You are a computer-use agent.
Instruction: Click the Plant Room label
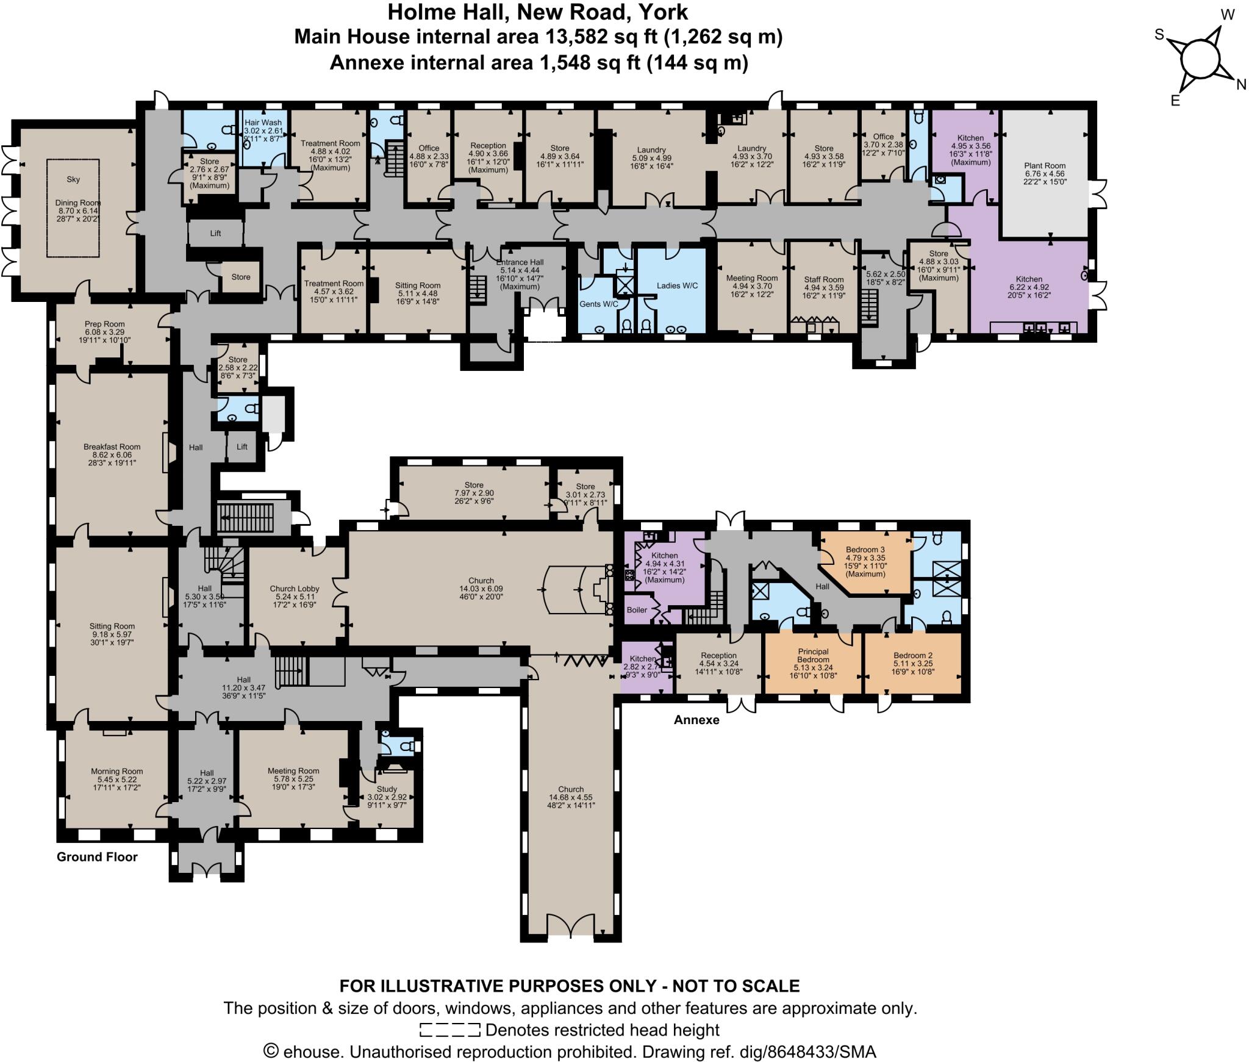[x=1045, y=166]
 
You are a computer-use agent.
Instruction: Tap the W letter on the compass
[x=1228, y=15]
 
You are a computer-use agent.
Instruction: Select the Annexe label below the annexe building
[x=696, y=720]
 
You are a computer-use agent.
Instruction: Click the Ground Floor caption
[x=97, y=857]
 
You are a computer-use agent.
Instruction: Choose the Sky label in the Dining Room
[x=73, y=179]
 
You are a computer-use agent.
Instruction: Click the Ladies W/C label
[x=677, y=285]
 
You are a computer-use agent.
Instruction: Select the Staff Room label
[x=824, y=279]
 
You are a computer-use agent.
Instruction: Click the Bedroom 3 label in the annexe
[x=865, y=549]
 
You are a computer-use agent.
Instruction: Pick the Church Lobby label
[x=295, y=589]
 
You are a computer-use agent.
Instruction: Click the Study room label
[x=387, y=789]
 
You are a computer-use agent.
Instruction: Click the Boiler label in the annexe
[x=637, y=609]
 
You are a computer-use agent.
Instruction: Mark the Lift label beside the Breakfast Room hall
[x=242, y=447]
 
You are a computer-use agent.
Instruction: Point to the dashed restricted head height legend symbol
[x=450, y=1030]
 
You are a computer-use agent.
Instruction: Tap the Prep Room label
[x=105, y=324]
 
